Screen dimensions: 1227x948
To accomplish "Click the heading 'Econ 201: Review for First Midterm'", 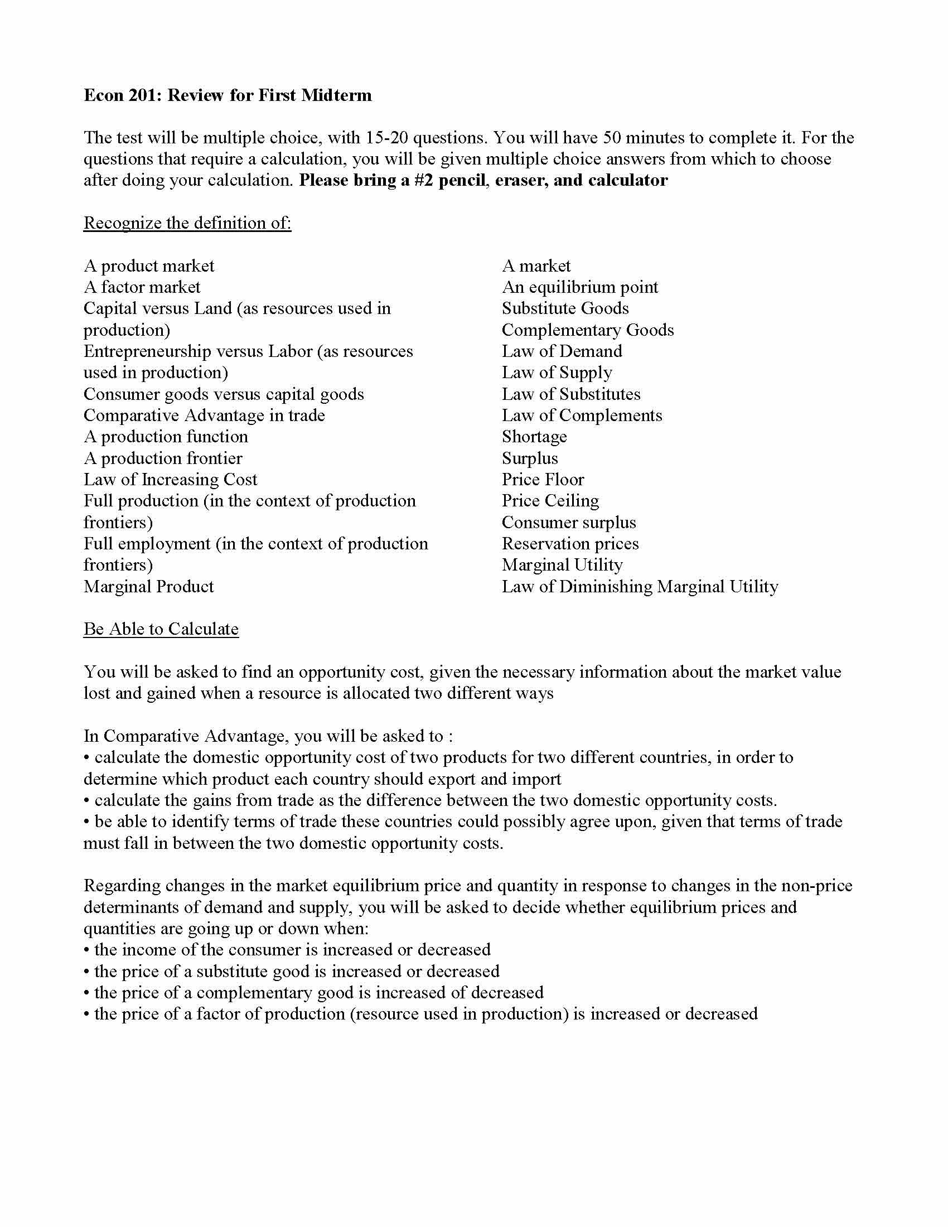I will [228, 95].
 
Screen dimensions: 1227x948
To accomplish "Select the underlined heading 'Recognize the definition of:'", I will [187, 223].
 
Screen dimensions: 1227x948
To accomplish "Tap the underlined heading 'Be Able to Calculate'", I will [161, 629].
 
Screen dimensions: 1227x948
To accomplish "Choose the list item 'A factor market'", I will [142, 287].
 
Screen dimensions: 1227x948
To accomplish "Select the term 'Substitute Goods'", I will [565, 308].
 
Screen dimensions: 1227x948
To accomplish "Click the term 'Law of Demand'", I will [562, 351].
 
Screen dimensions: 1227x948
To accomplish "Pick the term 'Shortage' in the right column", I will [534, 437].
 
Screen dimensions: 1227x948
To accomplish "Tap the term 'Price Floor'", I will [543, 479].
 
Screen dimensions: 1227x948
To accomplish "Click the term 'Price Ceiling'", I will [550, 501].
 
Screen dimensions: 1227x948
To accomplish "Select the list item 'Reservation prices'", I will [570, 544].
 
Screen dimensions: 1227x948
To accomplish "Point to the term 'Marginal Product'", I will [148, 587].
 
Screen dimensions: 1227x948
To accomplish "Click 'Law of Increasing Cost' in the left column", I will [170, 479].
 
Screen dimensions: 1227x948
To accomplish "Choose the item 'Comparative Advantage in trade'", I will [204, 415].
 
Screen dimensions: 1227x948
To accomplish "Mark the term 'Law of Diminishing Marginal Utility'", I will [640, 587].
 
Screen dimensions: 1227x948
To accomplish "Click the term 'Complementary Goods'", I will [587, 330].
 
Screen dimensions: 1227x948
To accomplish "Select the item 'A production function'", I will [166, 437].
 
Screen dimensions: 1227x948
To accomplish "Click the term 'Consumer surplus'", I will [568, 523].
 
